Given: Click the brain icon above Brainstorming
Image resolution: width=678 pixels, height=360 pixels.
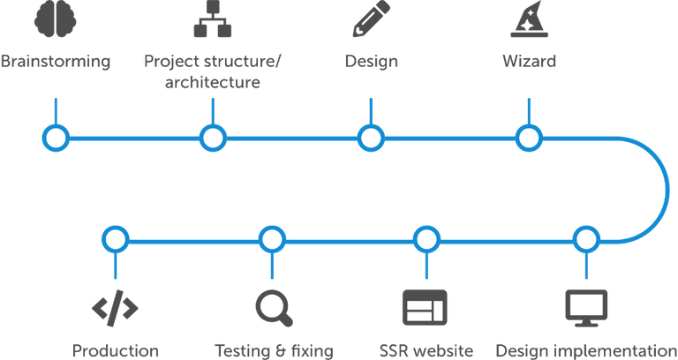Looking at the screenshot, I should pos(55,20).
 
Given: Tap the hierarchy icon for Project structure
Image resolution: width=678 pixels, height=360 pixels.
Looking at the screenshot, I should pos(212,20).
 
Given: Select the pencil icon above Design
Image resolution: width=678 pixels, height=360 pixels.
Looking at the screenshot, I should pos(371,19).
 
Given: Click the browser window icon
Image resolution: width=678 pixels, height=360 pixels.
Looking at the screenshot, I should pos(425,306).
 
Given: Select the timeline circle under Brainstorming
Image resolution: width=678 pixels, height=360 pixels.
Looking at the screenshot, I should pos(56,138).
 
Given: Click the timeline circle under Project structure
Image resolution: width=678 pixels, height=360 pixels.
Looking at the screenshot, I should pos(212,138).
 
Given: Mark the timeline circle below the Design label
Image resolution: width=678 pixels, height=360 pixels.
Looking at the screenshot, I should pos(370,138).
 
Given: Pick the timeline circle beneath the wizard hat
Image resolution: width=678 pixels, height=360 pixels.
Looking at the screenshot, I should pos(528,138).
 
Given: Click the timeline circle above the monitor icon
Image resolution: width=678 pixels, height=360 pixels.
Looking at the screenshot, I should pos(585,239).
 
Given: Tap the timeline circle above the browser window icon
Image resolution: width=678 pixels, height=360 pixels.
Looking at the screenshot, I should pos(426,239).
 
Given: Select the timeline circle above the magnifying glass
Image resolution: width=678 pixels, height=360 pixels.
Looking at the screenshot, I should pos(272,239).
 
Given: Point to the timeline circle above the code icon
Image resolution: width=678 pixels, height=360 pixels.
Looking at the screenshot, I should pos(115,239).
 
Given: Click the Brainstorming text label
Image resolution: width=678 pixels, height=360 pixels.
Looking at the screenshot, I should pos(56,63).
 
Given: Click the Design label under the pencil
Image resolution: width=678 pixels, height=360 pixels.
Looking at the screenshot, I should pos(371,63).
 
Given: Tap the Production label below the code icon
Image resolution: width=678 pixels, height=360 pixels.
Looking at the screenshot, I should pos(115,350).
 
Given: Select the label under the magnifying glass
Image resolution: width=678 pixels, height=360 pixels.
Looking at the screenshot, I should pos(274,350).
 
